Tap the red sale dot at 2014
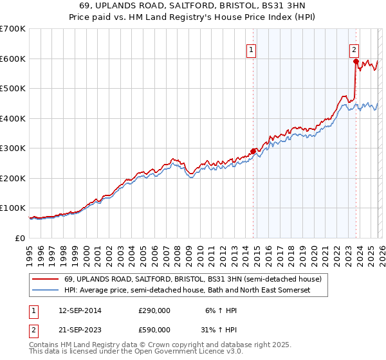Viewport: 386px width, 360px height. coord(253,151)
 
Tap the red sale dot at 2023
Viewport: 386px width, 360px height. coord(355,62)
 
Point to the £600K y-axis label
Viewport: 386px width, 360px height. coord(13,59)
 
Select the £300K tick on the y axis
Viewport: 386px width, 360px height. coord(13,148)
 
